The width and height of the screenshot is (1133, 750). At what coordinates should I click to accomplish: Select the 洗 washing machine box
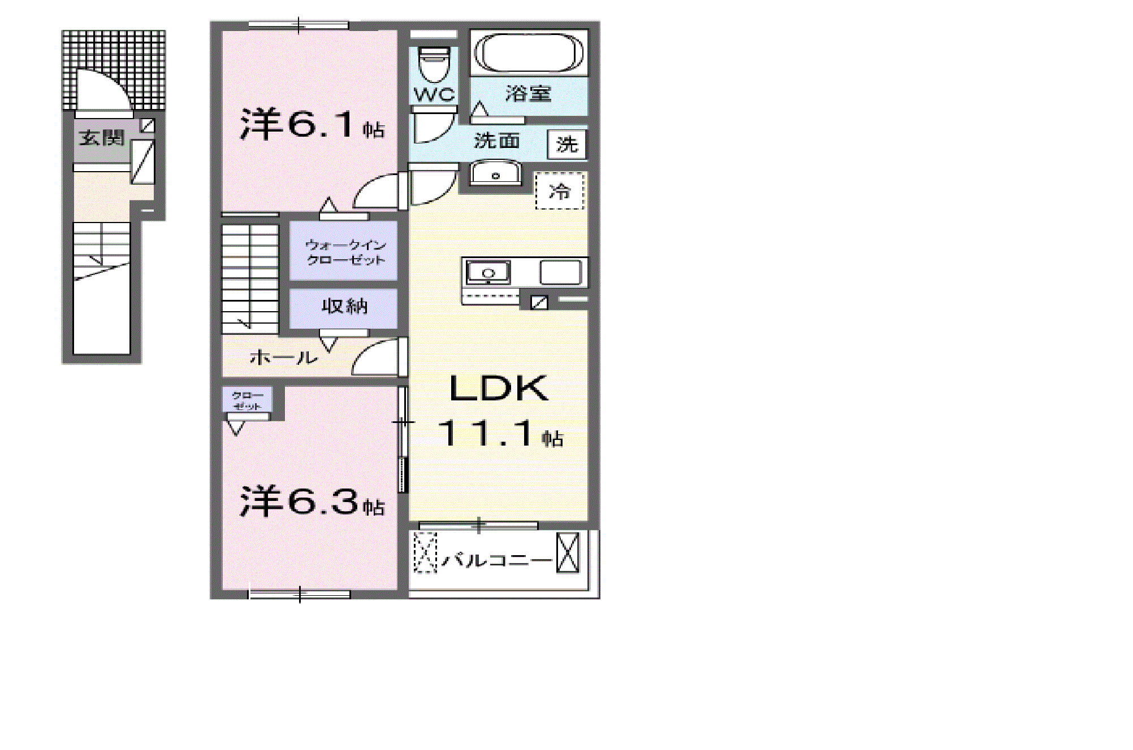click(x=566, y=145)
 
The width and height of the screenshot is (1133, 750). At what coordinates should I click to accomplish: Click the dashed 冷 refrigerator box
click(x=560, y=191)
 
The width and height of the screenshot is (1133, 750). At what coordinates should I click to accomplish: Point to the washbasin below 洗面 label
click(x=495, y=173)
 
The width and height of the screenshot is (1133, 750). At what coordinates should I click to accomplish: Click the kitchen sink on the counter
click(x=488, y=273)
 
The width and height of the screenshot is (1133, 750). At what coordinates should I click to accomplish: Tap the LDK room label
click(x=499, y=389)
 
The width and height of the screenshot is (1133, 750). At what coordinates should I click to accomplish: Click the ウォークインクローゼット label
click(x=345, y=252)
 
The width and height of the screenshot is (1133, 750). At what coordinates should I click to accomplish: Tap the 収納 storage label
click(x=344, y=307)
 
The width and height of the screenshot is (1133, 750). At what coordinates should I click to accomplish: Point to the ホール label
click(x=283, y=357)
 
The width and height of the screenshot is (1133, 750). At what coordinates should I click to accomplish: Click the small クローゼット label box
click(x=247, y=400)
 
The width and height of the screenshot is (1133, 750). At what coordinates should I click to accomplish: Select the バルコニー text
click(x=496, y=560)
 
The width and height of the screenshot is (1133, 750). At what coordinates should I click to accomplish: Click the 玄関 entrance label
click(x=102, y=138)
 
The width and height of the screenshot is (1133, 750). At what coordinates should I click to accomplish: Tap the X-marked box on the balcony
click(x=568, y=553)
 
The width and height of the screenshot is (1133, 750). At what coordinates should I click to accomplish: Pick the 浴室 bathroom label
click(x=528, y=94)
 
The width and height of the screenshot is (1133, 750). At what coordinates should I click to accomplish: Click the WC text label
click(x=434, y=94)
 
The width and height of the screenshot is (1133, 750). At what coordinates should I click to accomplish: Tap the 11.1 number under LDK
click(x=485, y=434)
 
